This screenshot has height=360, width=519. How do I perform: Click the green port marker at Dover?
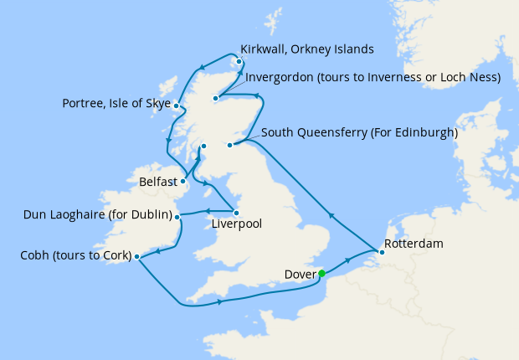(321, 273)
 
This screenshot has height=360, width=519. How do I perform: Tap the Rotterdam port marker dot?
(375, 249)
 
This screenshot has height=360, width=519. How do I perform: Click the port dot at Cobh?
(136, 257)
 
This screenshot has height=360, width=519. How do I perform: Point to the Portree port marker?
(176, 105)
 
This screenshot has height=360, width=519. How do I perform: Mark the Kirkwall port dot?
(239, 61)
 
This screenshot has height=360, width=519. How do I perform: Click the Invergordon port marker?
(215, 99)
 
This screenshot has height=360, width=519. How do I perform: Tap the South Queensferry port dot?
(229, 145)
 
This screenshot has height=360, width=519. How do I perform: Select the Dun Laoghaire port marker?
(177, 216)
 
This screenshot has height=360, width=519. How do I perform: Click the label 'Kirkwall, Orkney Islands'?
(306, 49)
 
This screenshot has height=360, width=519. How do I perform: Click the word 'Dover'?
(298, 274)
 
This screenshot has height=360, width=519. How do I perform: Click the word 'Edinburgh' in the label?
(422, 132)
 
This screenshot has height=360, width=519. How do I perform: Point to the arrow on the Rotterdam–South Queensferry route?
(331, 215)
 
